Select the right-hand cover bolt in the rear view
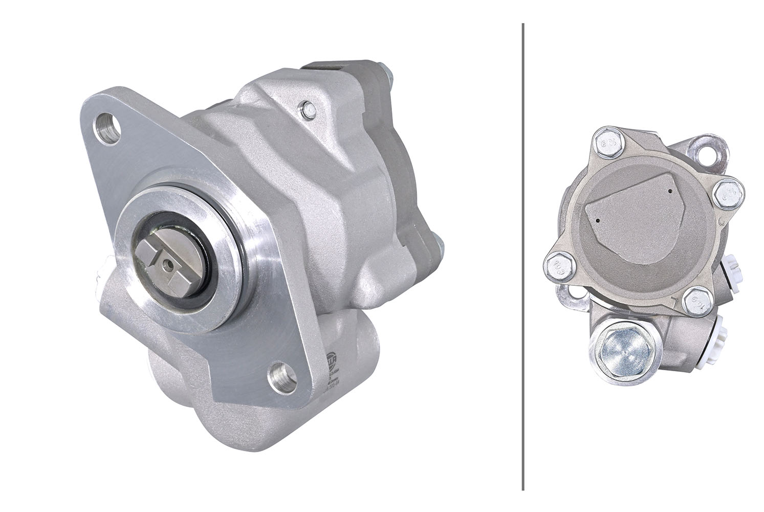(x=726, y=193)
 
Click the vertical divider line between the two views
(x=522, y=256)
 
